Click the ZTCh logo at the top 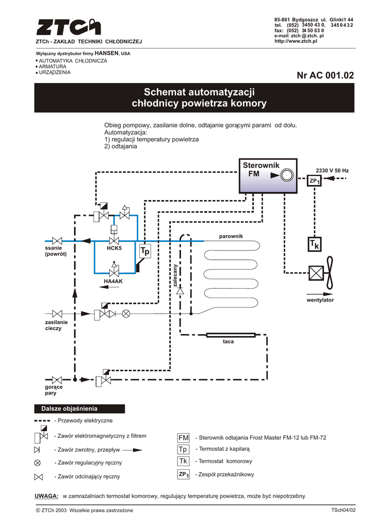coord(68,26)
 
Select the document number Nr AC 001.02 coord(326,76)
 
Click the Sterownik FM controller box coord(269,175)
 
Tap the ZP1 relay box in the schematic coord(315,181)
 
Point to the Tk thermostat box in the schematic coord(314,245)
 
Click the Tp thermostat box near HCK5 coord(144,251)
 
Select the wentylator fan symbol coord(320,274)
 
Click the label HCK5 coord(114,249)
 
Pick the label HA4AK coord(113,281)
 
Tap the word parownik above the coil coord(231,236)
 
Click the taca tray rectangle coord(231,335)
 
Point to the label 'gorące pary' coord(54,390)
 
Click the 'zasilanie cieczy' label coord(53,325)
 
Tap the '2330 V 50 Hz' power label coord(332,170)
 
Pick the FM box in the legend coord(184,437)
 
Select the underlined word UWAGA coord(46,496)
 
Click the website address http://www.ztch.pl coord(296,41)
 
